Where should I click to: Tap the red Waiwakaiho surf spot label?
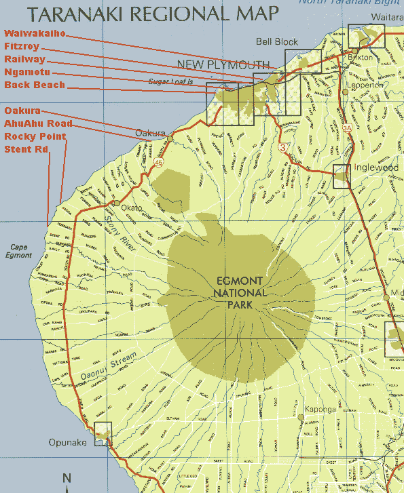click(35, 33)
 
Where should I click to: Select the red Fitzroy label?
click(22, 46)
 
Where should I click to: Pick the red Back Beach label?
click(35, 85)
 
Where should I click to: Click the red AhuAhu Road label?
click(38, 123)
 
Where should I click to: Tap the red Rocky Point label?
click(35, 136)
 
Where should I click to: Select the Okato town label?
click(132, 208)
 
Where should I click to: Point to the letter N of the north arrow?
click(67, 478)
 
